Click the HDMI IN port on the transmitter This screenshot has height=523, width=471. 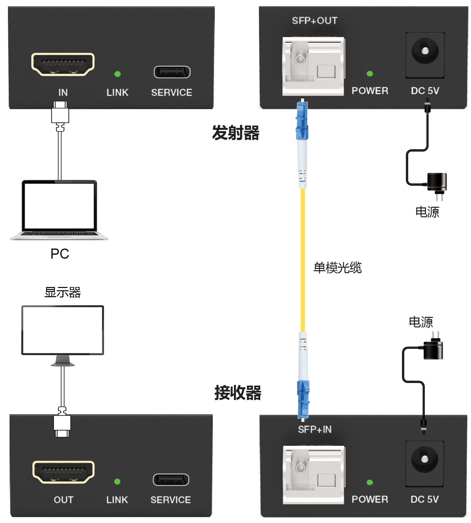[63, 64]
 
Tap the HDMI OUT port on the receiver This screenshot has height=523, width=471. [63, 472]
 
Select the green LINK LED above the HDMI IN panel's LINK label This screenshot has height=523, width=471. [117, 74]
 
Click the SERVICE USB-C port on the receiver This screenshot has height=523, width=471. [171, 480]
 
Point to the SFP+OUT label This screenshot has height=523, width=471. [314, 21]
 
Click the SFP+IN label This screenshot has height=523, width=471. [314, 429]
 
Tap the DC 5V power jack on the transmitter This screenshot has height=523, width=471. [425, 51]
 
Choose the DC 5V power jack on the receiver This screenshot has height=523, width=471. [425, 459]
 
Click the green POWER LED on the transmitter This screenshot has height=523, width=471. [370, 74]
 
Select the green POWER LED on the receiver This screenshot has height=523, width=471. [370, 482]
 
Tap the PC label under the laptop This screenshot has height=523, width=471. [60, 254]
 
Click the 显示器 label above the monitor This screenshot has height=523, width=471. [62, 292]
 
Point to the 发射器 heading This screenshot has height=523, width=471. [235, 133]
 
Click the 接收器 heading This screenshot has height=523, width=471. [237, 393]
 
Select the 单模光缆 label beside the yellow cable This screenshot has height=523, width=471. [337, 268]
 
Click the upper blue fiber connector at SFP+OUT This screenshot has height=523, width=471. [302, 121]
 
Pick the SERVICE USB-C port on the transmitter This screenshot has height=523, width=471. [172, 72]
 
